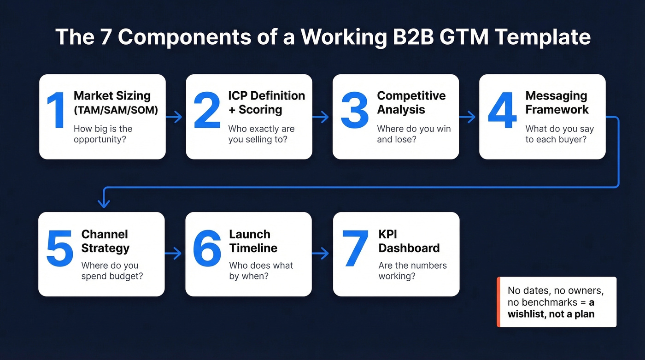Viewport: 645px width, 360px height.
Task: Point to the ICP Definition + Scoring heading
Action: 266,102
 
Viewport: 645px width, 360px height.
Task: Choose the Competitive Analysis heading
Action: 411,102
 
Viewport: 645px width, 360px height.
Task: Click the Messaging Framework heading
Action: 557,102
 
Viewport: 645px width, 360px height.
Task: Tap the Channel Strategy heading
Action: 106,241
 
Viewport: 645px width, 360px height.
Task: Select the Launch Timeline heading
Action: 253,241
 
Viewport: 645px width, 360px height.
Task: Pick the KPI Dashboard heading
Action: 409,241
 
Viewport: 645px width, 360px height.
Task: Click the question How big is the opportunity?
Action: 103,134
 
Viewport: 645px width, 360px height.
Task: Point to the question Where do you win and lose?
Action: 414,134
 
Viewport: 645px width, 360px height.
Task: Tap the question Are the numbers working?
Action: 413,271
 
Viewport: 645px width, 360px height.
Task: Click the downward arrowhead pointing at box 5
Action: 104,203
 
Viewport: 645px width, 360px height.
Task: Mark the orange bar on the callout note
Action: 498,302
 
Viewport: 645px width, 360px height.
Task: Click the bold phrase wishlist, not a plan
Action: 551,314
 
